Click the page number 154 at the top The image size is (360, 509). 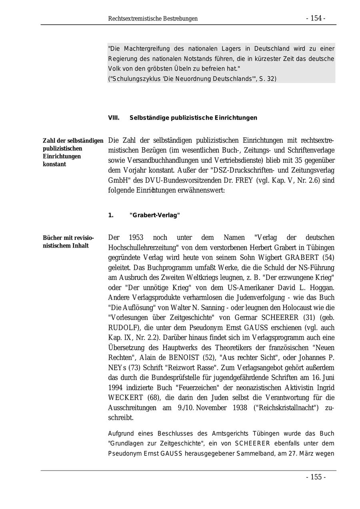[x=316, y=18]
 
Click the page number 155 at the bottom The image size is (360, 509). [x=316, y=477]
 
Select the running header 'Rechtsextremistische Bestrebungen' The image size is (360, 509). [x=153, y=19]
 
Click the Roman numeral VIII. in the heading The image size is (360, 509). [x=114, y=118]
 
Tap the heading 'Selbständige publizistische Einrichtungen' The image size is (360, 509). [x=193, y=118]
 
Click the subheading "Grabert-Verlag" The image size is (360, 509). [x=155, y=216]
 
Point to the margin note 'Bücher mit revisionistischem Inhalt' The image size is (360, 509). [x=66, y=242]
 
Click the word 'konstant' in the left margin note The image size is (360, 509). [x=54, y=164]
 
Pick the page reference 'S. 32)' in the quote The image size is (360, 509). [x=268, y=79]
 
